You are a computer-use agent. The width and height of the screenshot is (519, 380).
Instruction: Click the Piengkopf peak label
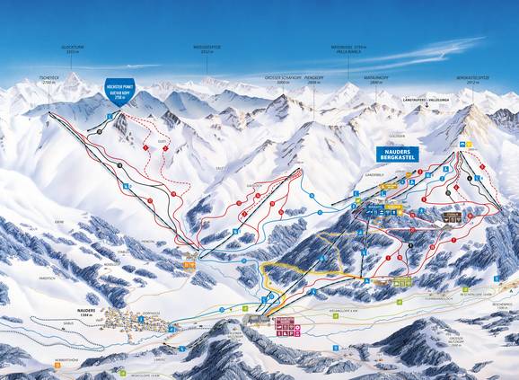point(314,79)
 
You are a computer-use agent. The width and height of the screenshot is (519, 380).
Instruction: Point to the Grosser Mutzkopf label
point(454,341)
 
